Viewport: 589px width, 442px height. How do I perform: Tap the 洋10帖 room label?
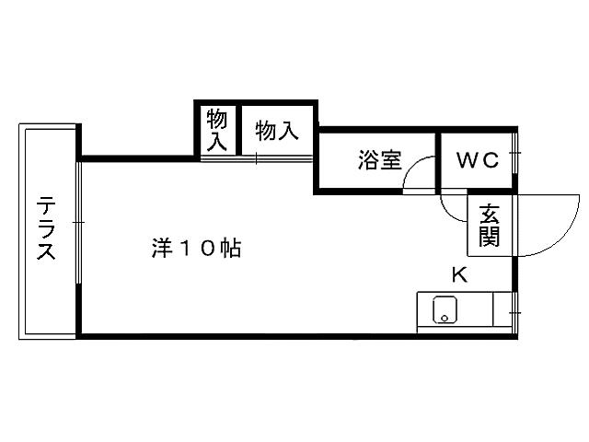tap(195, 248)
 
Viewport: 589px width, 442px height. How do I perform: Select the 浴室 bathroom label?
tap(379, 160)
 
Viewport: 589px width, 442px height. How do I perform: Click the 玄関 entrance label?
tap(489, 227)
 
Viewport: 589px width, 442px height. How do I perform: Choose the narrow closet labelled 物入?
tap(217, 130)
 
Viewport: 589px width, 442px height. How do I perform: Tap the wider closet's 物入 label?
tap(277, 131)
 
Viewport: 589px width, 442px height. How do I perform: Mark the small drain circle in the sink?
tap(445, 319)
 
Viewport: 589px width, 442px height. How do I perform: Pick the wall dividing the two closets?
tap(237, 131)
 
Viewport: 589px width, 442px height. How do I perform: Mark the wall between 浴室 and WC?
tap(436, 161)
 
